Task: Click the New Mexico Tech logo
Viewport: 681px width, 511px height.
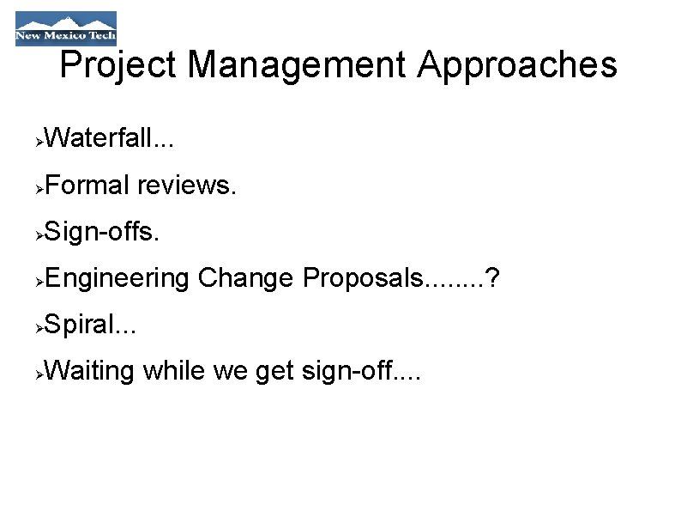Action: tap(65, 28)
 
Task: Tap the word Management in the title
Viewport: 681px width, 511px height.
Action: tap(297, 65)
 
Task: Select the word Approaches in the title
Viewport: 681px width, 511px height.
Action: tap(516, 65)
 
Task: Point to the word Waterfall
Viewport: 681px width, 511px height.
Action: tap(97, 137)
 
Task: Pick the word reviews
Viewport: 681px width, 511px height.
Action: tap(184, 184)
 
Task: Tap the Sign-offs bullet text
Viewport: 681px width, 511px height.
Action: tap(100, 231)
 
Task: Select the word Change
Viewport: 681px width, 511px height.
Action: tap(245, 278)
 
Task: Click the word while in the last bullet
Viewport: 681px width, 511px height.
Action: tap(174, 371)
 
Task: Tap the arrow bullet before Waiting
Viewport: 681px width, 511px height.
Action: tap(39, 374)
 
